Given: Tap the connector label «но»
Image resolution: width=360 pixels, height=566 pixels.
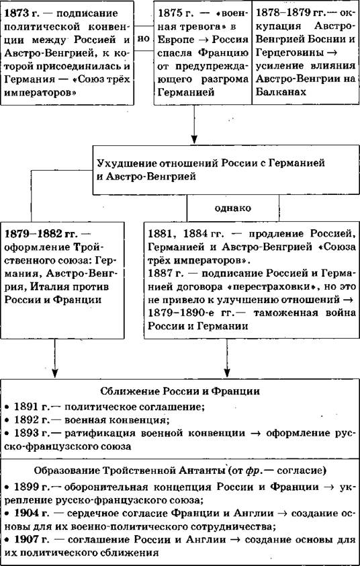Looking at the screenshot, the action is [x=144, y=38].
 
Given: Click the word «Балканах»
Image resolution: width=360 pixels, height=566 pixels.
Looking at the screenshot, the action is [x=281, y=92].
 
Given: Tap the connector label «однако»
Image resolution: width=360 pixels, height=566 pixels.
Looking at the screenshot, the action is [x=232, y=208].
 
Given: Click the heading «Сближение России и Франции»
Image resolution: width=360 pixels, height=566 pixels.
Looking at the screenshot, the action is [x=179, y=391].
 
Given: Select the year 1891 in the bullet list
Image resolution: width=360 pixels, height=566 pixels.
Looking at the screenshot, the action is [x=27, y=407].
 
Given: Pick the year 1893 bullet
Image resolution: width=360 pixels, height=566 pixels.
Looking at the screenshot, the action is [x=27, y=433].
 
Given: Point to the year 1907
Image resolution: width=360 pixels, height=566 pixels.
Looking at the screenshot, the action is [x=27, y=540].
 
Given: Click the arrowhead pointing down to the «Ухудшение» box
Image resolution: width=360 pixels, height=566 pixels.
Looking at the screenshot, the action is [x=194, y=139].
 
